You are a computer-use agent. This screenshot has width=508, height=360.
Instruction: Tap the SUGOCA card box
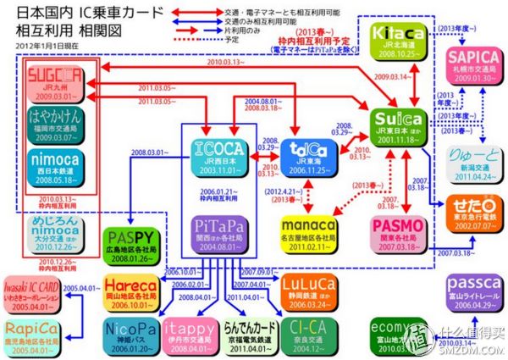click(x=55, y=80)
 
